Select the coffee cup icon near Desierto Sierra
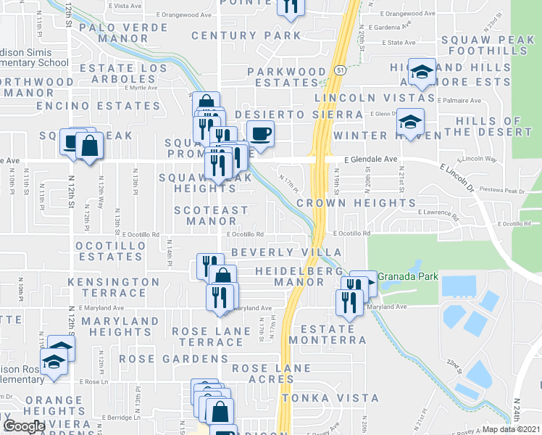point(260,133)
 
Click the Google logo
point(24,426)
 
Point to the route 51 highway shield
point(340,68)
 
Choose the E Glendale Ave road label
point(371,159)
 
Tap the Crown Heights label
point(356,204)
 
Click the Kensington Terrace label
point(120,287)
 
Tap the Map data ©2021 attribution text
point(511,429)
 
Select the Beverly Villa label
point(275,252)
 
